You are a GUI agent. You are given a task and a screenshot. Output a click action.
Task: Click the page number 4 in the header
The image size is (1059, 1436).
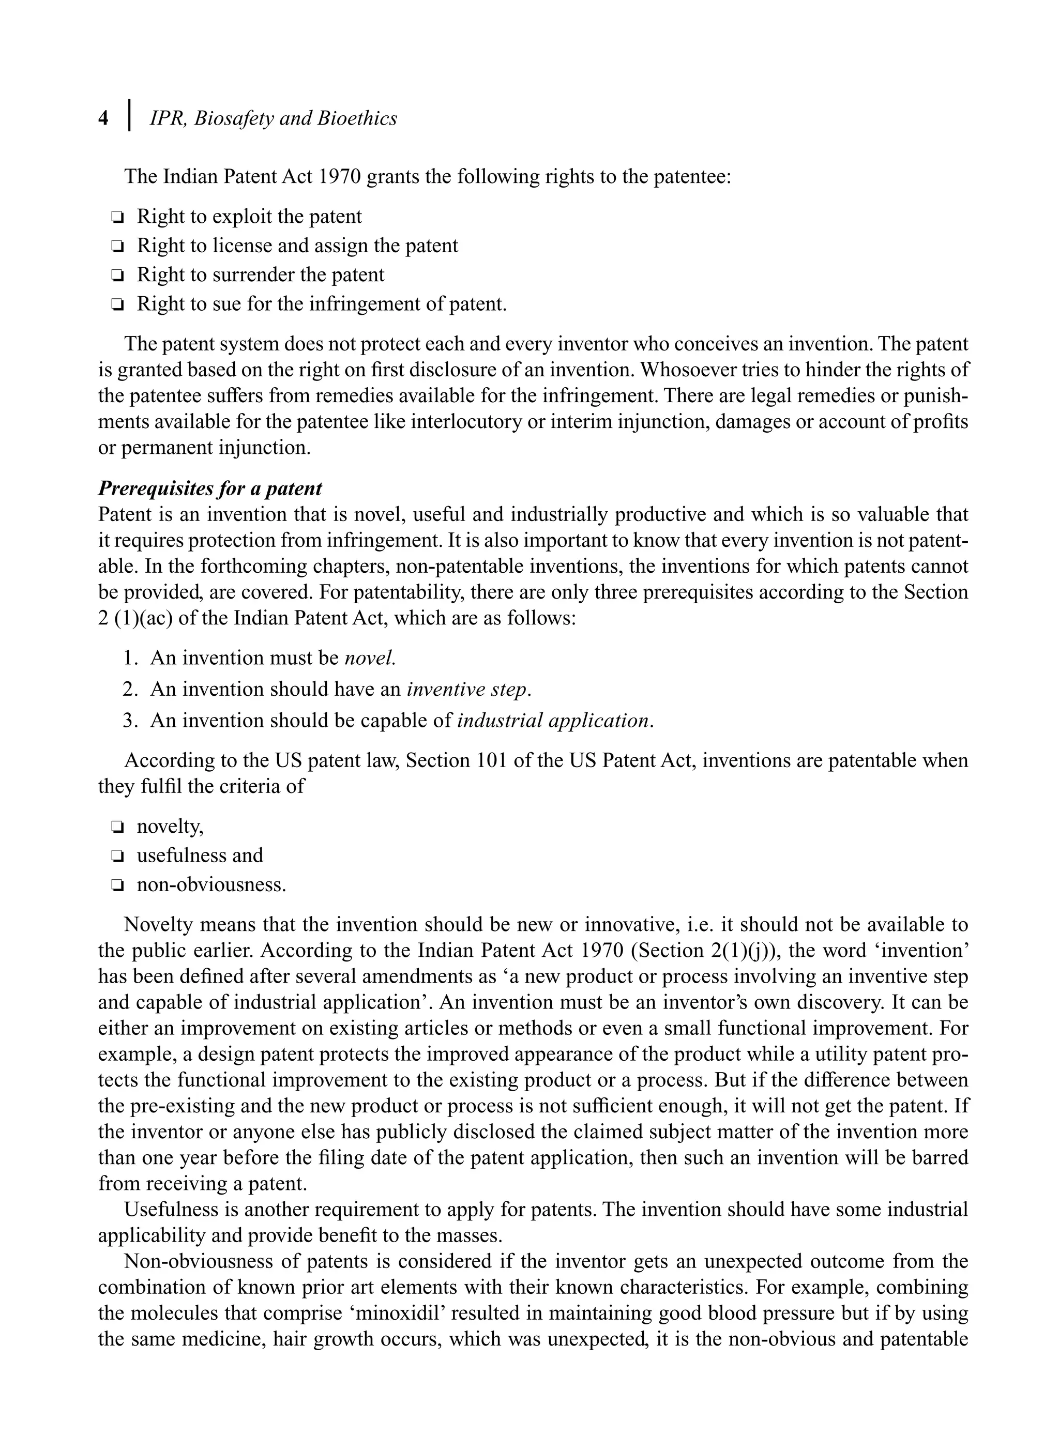(x=104, y=118)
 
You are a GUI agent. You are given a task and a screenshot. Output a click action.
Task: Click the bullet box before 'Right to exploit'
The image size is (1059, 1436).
(x=117, y=217)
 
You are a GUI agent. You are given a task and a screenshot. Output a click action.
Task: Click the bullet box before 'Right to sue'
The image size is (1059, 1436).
(x=117, y=304)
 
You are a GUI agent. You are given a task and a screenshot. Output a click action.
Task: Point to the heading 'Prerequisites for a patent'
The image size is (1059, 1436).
(x=209, y=488)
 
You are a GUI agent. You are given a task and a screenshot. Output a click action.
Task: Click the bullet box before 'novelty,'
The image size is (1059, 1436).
(x=117, y=827)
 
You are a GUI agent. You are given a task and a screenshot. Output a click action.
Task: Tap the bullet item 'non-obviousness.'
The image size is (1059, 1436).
(x=211, y=885)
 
